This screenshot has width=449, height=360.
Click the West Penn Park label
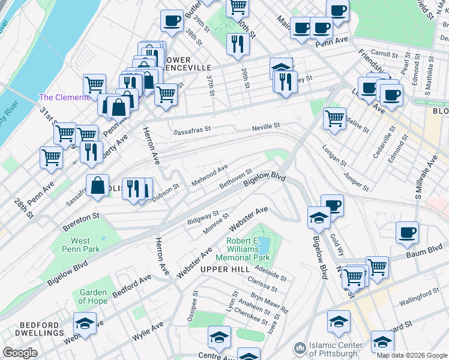tap(77, 245)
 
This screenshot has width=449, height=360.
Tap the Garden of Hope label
tap(93, 296)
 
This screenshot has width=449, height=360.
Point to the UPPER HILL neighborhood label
tap(224, 269)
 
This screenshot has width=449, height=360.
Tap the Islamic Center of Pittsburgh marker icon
tap(300, 349)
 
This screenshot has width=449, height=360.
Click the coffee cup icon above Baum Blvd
tap(408, 232)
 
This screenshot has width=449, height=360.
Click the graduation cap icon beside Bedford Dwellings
tap(85, 323)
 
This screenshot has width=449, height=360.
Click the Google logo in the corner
tap(20, 353)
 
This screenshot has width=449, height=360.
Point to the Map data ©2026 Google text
tap(412, 355)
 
